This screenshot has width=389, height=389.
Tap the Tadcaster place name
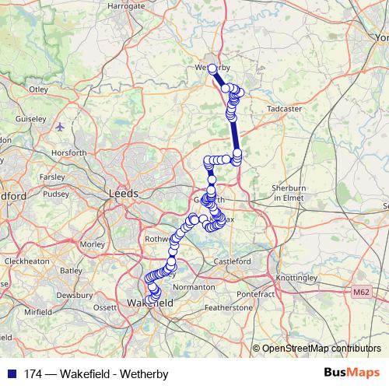[x=284, y=109]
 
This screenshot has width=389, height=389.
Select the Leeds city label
[x=124, y=193]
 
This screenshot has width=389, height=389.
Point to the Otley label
[x=38, y=89]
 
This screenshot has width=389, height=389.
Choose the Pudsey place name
[x=56, y=194]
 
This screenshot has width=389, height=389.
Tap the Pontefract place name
[x=257, y=295]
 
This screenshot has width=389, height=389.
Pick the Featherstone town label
[x=229, y=308]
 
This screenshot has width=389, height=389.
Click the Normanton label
[x=195, y=287]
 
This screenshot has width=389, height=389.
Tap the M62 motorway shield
[x=359, y=293]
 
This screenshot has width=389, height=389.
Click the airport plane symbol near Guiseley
[x=61, y=125]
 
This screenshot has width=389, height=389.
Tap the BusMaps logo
[x=352, y=373]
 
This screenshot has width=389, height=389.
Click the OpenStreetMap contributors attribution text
[x=321, y=348]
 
